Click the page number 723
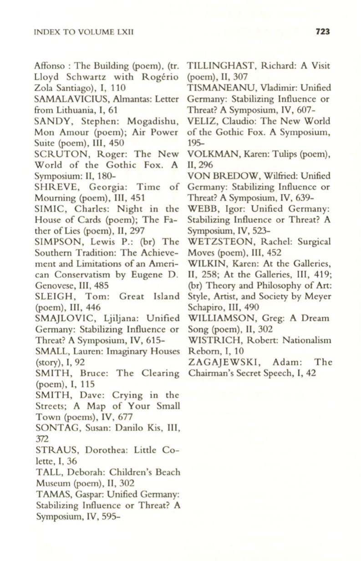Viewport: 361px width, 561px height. pyautogui.click(x=321, y=31)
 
